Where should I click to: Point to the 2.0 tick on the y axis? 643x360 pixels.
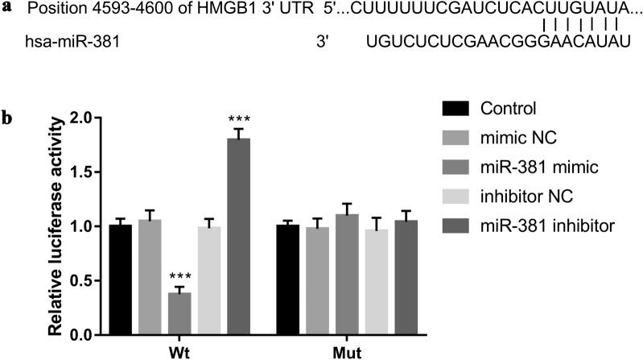point(89,118)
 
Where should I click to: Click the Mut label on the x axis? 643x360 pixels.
point(348,352)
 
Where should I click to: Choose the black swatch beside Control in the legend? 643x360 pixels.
point(457,108)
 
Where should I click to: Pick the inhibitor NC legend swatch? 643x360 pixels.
point(457,198)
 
